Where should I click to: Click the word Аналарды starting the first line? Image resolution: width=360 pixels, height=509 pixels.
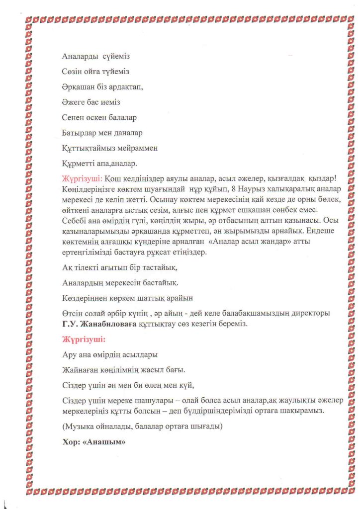(78, 57)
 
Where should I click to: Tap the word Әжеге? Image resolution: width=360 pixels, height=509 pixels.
(73, 103)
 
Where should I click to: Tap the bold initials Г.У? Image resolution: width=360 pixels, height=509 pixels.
(71, 324)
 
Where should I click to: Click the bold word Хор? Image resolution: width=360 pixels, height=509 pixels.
(71, 441)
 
